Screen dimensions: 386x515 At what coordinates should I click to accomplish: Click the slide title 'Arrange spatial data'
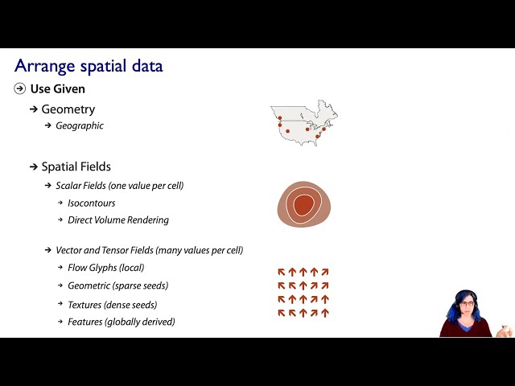[x=89, y=66]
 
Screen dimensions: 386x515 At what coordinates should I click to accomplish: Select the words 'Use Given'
[x=57, y=88]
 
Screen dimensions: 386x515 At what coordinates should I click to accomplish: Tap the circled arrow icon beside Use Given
[x=20, y=88]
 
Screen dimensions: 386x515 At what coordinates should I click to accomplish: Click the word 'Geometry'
[x=68, y=109]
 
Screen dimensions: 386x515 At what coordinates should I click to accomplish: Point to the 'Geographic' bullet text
[x=79, y=125]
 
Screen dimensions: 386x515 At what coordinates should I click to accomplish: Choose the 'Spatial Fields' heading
[x=76, y=166]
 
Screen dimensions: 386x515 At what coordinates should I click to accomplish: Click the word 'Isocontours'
[x=91, y=203]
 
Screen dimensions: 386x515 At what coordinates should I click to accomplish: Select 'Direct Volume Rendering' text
[x=117, y=220]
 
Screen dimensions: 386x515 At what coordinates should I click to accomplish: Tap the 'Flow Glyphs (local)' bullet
[x=105, y=268]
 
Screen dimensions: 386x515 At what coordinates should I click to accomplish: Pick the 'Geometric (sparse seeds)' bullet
[x=117, y=285]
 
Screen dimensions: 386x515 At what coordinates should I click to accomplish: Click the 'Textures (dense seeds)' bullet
[x=112, y=305]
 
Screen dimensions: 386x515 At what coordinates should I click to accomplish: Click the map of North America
[x=303, y=123]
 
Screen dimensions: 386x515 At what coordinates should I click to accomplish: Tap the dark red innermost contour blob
[x=303, y=206]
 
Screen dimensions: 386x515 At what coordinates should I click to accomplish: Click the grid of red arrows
[x=303, y=293]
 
